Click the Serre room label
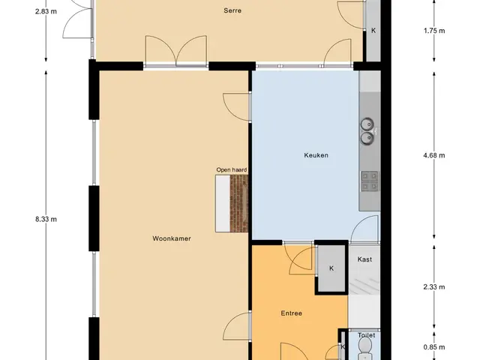[232, 10]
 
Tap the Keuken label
[316, 155]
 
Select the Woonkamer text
[172, 238]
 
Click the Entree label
[292, 313]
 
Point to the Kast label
[364, 259]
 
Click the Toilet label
[367, 335]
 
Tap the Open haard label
[232, 170]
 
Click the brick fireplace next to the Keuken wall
[238, 203]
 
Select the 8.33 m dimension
[46, 219]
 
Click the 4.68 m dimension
[434, 155]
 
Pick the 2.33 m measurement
[434, 286]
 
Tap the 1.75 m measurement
[434, 31]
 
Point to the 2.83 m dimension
[46, 12]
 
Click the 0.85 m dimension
[434, 347]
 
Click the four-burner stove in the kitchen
[370, 181]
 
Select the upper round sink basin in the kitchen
[367, 124]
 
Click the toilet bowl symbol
[364, 349]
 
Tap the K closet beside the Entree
[331, 268]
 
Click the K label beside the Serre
[373, 31]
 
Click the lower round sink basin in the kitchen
[367, 138]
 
